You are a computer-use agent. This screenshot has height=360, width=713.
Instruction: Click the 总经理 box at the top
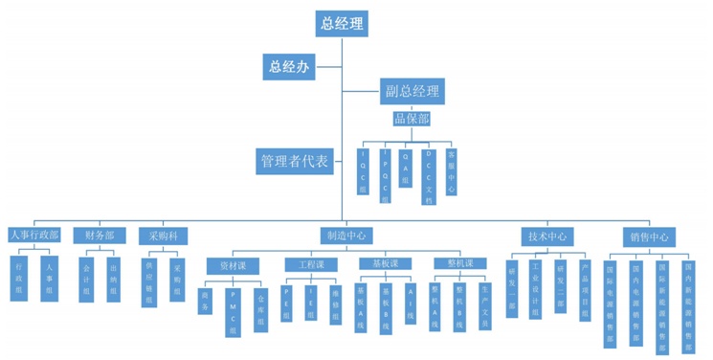pos(342,24)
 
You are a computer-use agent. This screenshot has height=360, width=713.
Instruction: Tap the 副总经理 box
pos(412,91)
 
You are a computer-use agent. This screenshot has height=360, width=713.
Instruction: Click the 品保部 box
pos(412,120)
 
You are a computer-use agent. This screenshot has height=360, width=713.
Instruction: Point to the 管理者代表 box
pos(295,161)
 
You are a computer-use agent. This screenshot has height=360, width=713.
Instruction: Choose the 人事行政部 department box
pos(34,235)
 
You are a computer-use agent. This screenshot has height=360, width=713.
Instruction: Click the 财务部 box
pos(100,235)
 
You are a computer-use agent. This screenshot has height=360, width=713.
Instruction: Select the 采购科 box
pos(163,235)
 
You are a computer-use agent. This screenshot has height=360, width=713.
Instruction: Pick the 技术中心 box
pos(548,235)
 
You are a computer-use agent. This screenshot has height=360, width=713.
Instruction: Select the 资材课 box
pos(233,264)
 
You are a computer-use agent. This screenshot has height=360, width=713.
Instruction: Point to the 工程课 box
pos(310,264)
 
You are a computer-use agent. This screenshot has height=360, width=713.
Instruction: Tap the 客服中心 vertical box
pos(451,172)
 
